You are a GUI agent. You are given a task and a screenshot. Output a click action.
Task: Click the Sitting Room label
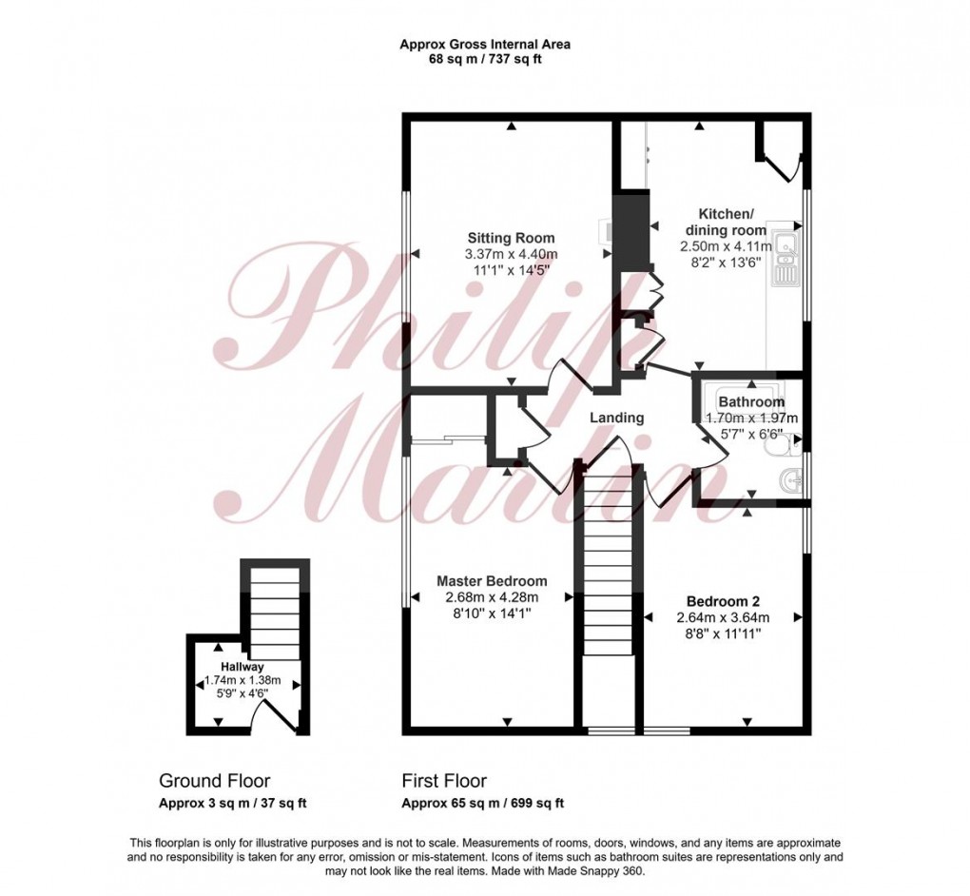pos(510,238)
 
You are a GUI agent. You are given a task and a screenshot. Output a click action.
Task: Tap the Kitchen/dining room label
pos(726,224)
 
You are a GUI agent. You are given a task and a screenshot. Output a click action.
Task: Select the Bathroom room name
pos(751,402)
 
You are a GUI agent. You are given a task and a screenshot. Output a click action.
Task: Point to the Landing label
pos(616,418)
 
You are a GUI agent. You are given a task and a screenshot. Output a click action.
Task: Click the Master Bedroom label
pos(492,581)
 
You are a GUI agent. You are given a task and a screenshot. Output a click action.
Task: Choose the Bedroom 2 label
pos(723,601)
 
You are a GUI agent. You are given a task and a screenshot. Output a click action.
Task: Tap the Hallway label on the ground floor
pos(242,667)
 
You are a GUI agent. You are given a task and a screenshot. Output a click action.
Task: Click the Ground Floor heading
pos(214,781)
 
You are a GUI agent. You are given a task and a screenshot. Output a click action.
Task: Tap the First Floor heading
pos(444,781)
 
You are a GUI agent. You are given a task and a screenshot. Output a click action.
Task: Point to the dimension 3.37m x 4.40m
pos(511,254)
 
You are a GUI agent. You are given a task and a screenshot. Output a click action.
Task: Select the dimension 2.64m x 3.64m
pos(723,617)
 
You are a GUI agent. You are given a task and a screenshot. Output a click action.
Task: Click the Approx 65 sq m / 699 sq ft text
pos(483,803)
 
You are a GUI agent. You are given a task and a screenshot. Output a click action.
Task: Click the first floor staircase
pos(608,590)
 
